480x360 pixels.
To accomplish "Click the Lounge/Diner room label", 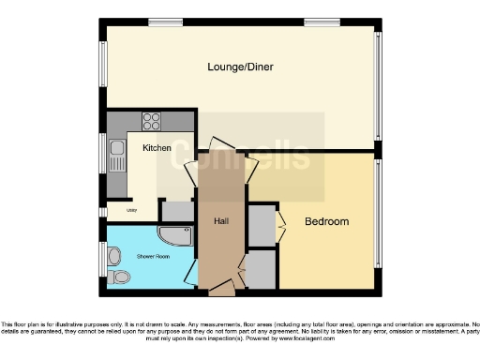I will click(240, 67).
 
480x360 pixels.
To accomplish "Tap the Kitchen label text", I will click(156, 148).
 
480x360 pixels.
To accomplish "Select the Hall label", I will click(221, 220).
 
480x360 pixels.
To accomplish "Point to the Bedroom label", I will click(327, 222).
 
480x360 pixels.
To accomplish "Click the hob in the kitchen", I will click(152, 120).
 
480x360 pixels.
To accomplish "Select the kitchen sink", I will click(117, 148).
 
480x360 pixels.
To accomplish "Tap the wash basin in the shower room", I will click(113, 254).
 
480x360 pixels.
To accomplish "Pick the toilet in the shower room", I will click(118, 277).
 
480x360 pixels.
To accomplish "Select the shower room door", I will click(190, 272).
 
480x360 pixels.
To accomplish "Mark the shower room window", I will click(102, 259).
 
